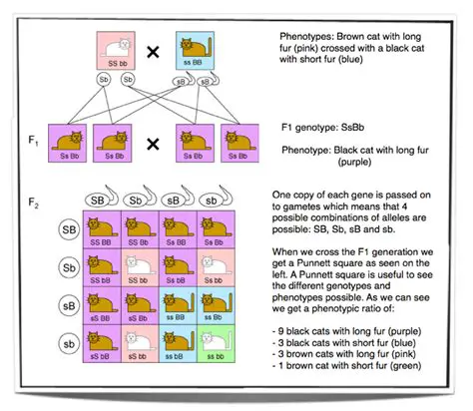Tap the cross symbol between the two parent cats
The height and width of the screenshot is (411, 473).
coord(156,46)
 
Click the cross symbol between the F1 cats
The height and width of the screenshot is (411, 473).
coord(154,143)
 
